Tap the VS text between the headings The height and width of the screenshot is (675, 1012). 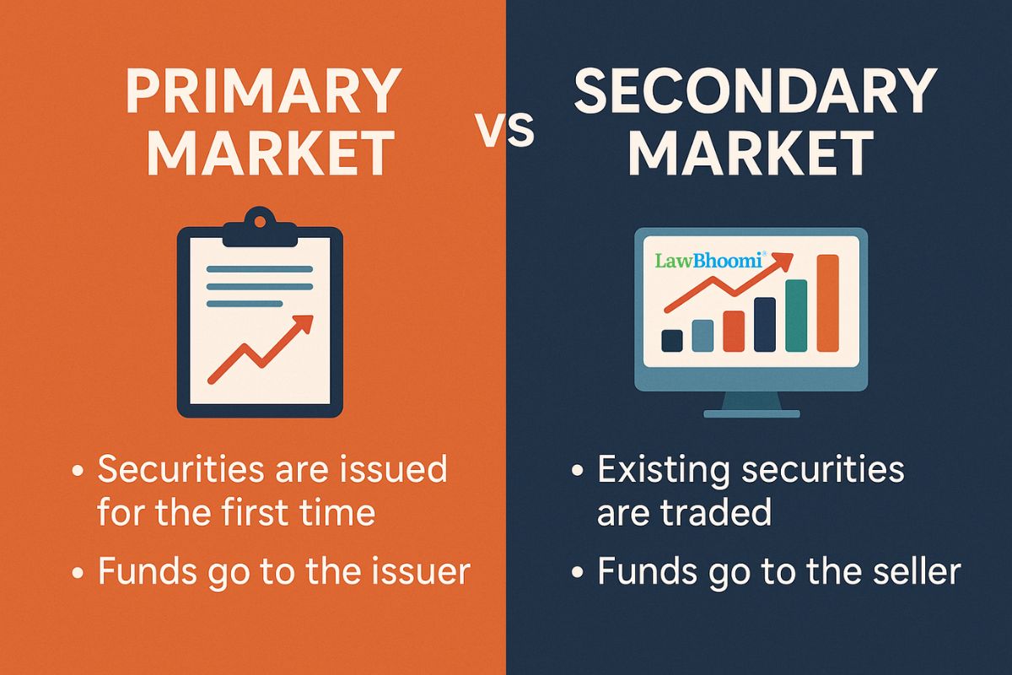[x=507, y=132]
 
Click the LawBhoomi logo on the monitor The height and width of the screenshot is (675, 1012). [x=708, y=262]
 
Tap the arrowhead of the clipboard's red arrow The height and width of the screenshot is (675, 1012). [x=303, y=324]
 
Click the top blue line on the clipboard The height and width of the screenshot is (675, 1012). [x=259, y=270]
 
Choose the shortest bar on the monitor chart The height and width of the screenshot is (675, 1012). [x=672, y=339]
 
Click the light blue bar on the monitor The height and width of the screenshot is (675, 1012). [x=702, y=334]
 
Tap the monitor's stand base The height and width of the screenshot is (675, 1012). [x=751, y=413]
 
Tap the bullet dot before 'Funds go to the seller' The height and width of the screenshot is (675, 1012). [x=578, y=574]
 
